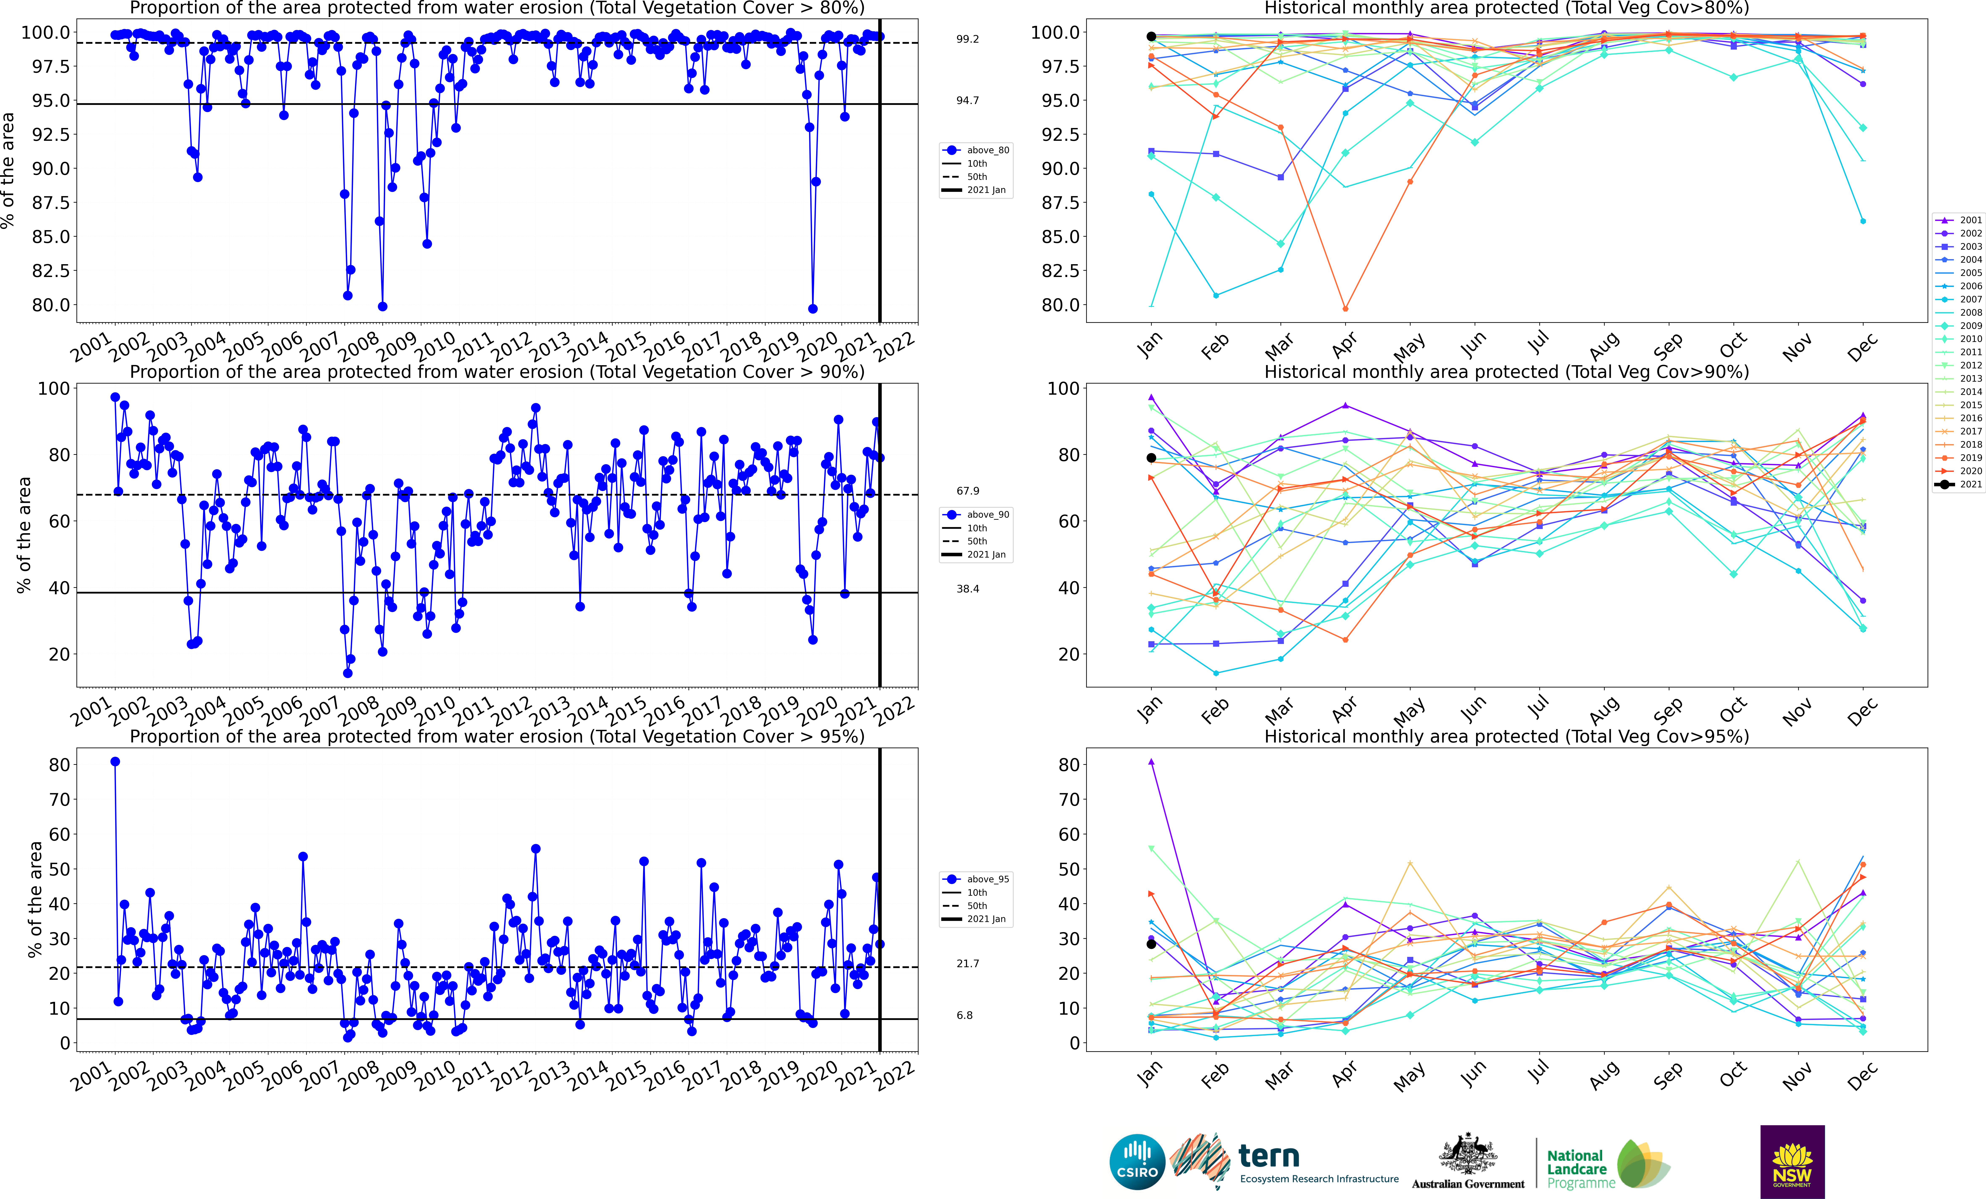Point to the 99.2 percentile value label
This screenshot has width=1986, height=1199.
click(x=967, y=39)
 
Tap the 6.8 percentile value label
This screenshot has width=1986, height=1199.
click(x=965, y=1015)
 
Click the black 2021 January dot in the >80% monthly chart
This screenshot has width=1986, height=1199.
click(x=1151, y=36)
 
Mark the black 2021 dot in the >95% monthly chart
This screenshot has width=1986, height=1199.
click(x=1151, y=944)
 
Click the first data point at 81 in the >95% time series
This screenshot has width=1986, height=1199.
click(x=115, y=761)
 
